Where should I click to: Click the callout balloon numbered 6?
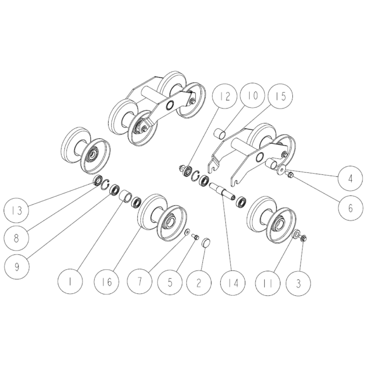[x=350, y=208]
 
